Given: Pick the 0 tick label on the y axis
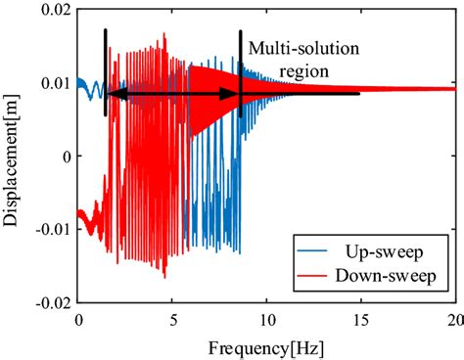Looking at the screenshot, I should point(65,157).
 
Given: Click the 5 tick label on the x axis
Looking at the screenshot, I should point(172,320).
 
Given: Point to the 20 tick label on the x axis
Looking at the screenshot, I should point(451,320).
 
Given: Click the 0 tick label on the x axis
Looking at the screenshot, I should point(78,320).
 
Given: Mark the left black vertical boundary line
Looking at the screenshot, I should point(106,73).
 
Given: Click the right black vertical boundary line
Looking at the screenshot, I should point(240,73).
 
